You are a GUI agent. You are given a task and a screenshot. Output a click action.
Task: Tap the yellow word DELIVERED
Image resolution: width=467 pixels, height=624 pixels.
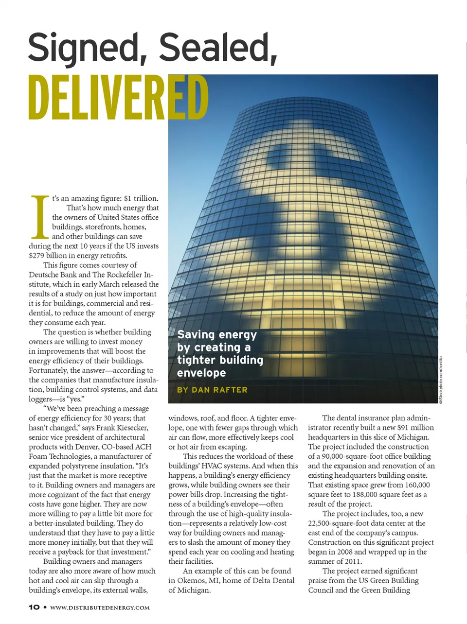pyautogui.click(x=118, y=97)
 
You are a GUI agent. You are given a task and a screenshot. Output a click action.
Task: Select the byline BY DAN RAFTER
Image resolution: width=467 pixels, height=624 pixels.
pyautogui.click(x=212, y=390)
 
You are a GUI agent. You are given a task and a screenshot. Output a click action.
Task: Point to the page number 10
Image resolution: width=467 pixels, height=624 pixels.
pyautogui.click(x=34, y=607)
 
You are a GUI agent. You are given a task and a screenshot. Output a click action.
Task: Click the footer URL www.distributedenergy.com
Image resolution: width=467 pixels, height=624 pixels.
pyautogui.click(x=100, y=607)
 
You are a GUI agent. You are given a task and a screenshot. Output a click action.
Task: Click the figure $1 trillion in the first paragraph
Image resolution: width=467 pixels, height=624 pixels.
pyautogui.click(x=141, y=198)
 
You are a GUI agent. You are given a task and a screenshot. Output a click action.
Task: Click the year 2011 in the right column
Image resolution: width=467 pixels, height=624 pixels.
pyautogui.click(x=352, y=561)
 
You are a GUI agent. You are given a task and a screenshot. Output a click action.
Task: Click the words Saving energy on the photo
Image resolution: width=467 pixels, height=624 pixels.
pyautogui.click(x=217, y=335)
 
